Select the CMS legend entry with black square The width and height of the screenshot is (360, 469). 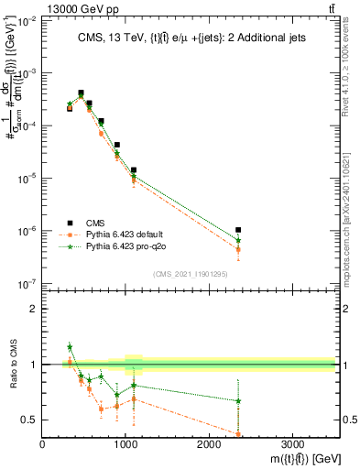[x=94, y=223]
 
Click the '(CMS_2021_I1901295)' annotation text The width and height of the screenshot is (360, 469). [x=190, y=274]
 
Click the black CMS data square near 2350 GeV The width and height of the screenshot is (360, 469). [x=238, y=230]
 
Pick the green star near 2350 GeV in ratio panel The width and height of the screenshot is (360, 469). [x=238, y=400]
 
